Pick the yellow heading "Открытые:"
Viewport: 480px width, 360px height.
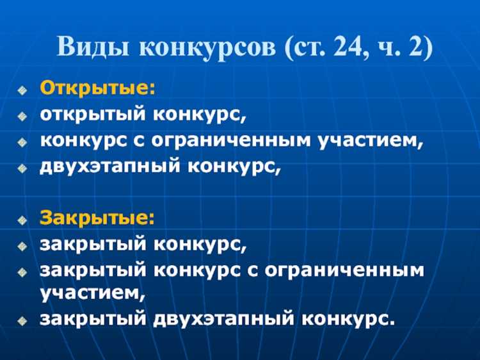(x=98, y=88)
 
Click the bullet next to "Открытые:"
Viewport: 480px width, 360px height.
(x=23, y=89)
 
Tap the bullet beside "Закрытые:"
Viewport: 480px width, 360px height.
(x=23, y=218)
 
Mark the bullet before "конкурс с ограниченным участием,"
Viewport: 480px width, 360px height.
(x=23, y=143)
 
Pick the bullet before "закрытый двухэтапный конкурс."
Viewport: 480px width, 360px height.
(x=23, y=319)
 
